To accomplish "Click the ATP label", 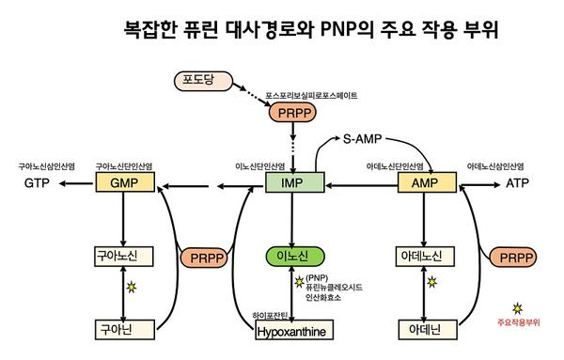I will (518, 184).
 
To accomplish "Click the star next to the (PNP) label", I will (300, 279).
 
